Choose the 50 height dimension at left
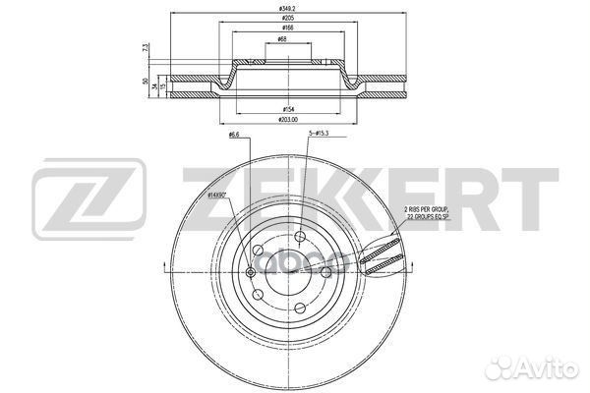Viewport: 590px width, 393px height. click(144, 82)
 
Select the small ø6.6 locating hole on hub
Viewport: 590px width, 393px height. click(251, 272)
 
